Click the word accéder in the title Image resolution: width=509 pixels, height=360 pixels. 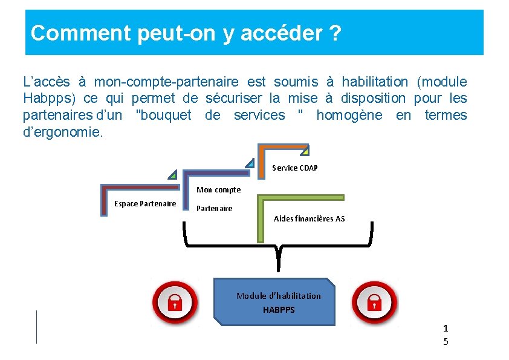pos(282,33)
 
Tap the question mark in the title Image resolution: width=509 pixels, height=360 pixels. pos(335,33)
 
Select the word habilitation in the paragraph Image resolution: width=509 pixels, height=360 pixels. pos(375,82)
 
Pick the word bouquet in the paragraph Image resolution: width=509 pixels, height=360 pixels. pos(164,115)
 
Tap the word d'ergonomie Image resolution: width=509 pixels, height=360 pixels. pos(63,132)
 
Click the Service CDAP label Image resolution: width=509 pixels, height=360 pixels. pos(294,168)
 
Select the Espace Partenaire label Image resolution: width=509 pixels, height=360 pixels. pos(145,203)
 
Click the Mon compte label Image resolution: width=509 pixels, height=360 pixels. pos(218,189)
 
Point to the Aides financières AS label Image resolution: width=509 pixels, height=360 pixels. pos(309,218)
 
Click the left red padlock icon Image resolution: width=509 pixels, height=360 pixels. pos(174,302)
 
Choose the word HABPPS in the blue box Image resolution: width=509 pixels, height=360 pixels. pos(279,310)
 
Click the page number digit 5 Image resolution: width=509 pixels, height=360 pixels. pos(446,342)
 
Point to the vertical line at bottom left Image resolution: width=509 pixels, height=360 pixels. pos(37,327)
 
